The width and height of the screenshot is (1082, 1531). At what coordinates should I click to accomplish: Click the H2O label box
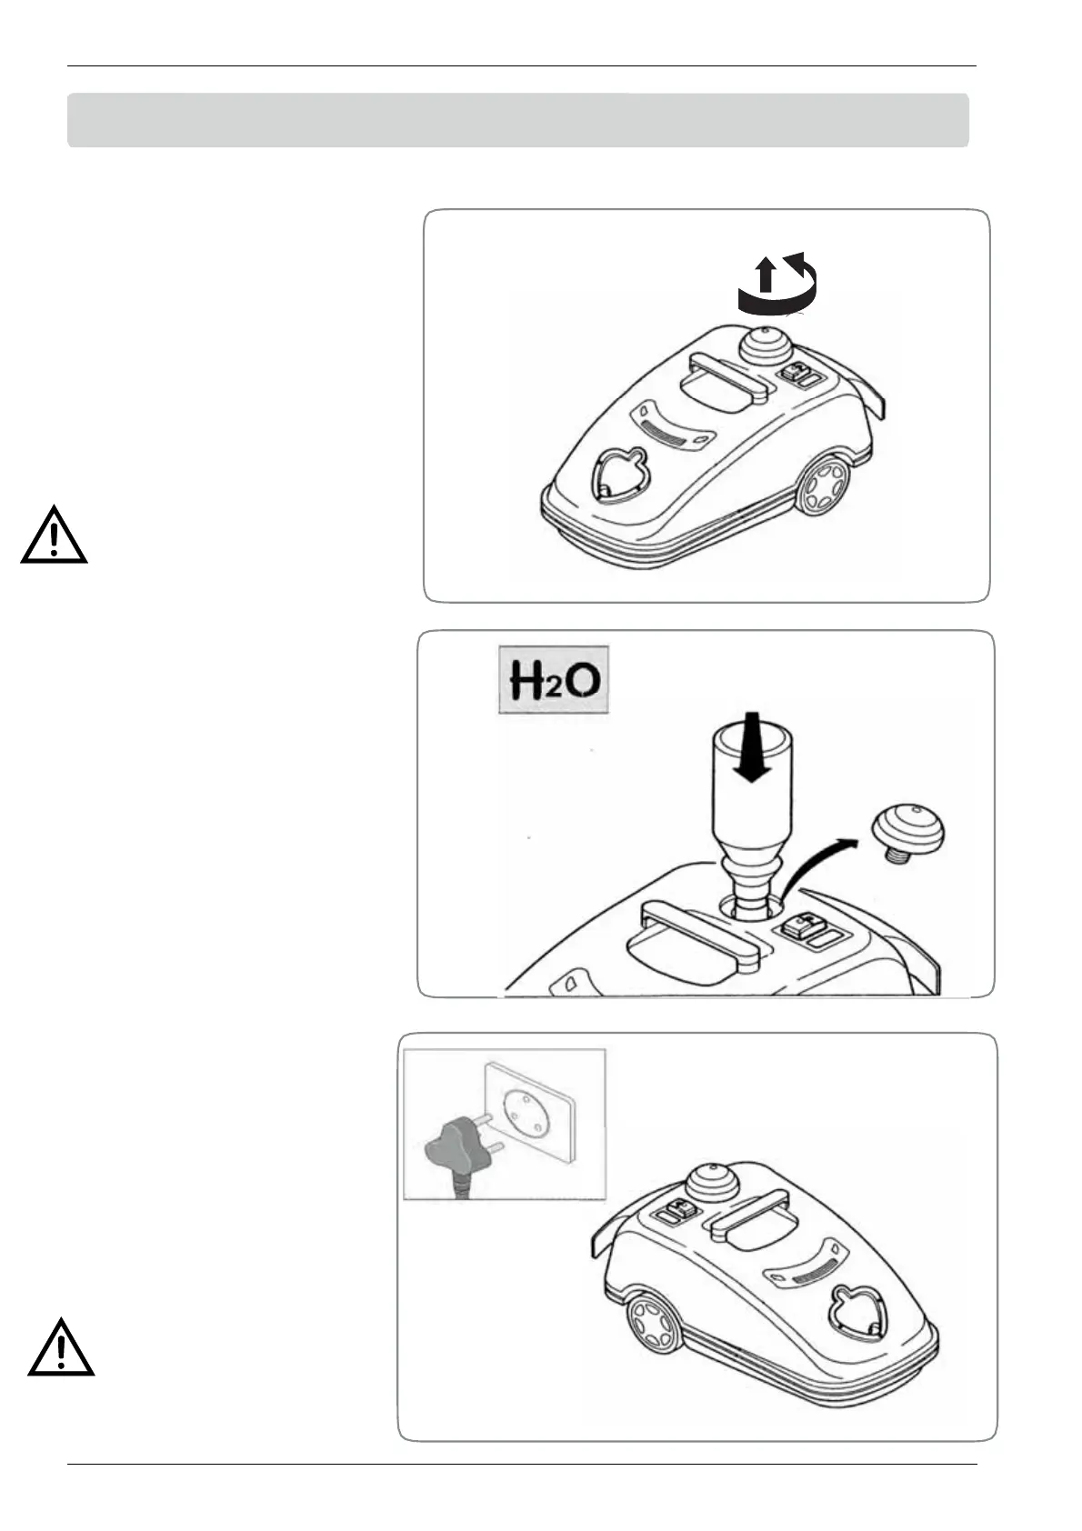click(554, 679)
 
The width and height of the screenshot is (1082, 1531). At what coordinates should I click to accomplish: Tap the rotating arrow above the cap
click(777, 284)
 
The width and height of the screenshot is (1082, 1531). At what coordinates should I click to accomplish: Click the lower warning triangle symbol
click(61, 1348)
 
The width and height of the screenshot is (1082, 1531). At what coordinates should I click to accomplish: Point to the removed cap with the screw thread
click(907, 832)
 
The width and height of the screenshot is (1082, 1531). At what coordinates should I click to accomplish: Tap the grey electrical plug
click(456, 1147)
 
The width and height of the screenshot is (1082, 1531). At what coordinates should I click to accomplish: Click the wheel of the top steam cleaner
click(823, 485)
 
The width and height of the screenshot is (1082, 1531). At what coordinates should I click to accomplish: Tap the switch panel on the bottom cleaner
click(680, 1212)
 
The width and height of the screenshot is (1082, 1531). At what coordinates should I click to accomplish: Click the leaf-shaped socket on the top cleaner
click(617, 475)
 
